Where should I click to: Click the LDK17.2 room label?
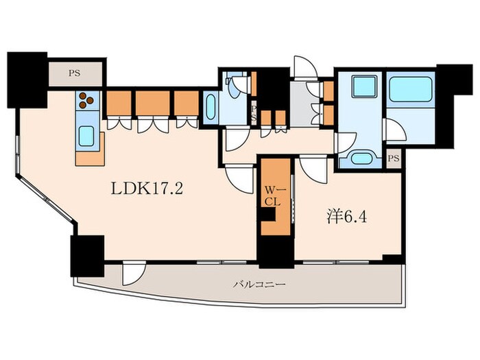(x=147, y=188)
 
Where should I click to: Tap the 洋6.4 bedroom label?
(x=346, y=217)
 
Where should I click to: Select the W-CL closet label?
(x=272, y=196)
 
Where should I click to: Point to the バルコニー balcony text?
(x=260, y=285)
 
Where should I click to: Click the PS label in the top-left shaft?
(x=74, y=73)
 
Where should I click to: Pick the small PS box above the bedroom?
(x=394, y=158)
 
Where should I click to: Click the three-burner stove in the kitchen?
(x=86, y=100)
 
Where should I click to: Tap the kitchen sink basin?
(x=86, y=136)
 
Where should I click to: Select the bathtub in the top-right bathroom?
(x=411, y=89)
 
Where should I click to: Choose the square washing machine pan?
(x=364, y=87)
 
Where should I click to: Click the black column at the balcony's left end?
(x=87, y=256)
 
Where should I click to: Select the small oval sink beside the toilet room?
(x=211, y=107)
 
